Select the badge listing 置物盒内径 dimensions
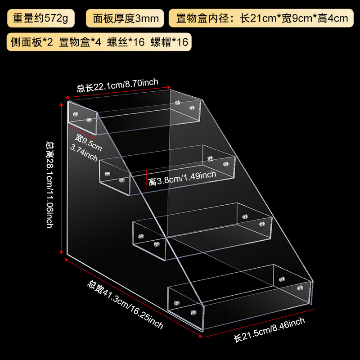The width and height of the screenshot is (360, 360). point(259,18)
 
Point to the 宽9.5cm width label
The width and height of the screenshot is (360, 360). point(89,143)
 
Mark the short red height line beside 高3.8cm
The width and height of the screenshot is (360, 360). point(146,181)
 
